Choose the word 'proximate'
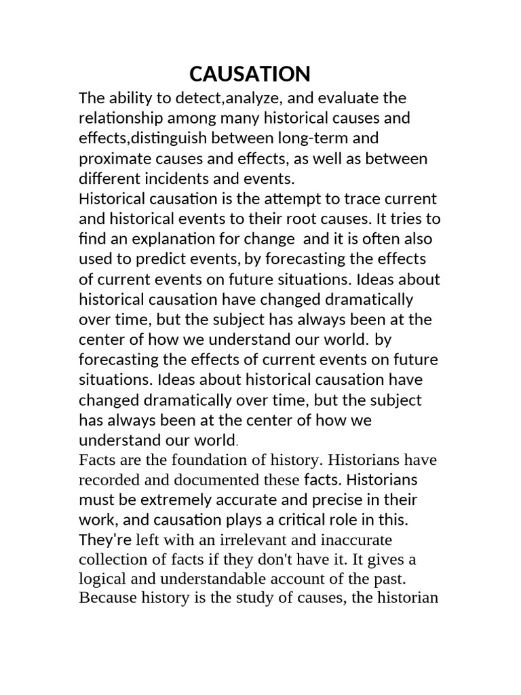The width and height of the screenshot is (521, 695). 111,159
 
